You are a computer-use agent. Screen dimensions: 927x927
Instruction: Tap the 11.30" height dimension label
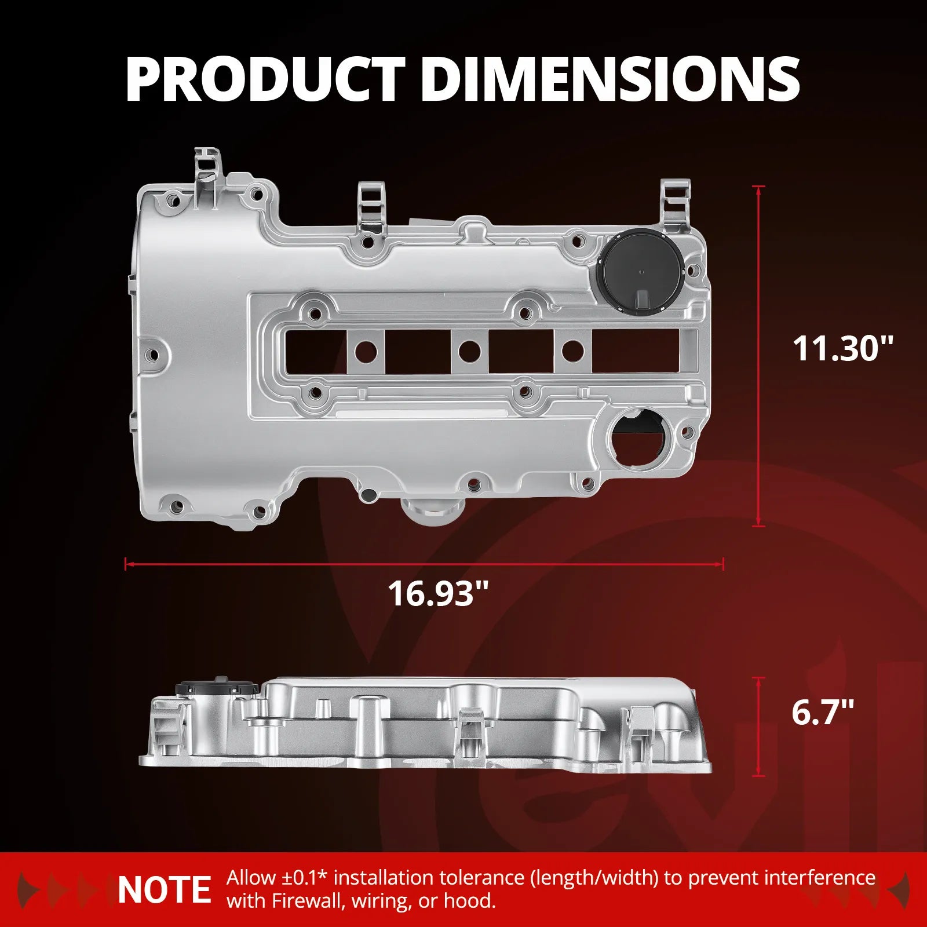843,349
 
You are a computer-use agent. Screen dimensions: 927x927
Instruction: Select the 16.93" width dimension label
438,594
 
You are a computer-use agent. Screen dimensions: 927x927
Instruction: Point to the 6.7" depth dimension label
823,712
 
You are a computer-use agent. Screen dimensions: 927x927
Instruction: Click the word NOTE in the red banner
164,890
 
